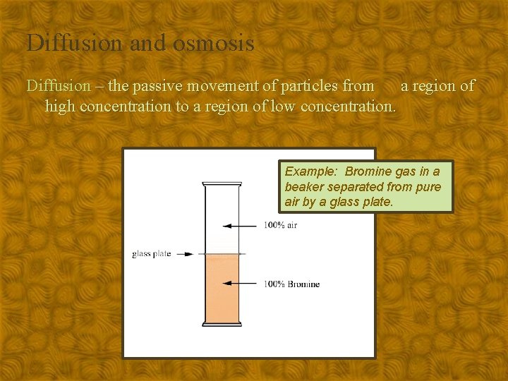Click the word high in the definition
click(60, 107)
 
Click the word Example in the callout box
click(312, 171)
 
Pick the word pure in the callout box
click(425, 187)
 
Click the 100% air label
click(281, 226)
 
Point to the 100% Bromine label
click(291, 284)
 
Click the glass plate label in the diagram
click(151, 254)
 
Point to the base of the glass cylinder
click(222, 324)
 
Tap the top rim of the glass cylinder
click(222, 184)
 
